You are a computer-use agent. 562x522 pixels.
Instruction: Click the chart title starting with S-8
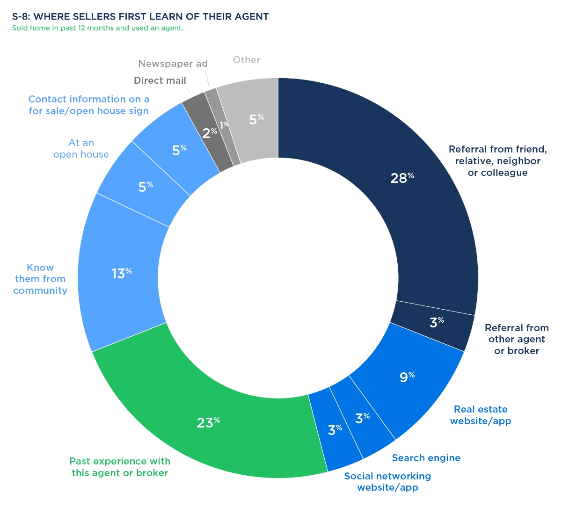coord(140,17)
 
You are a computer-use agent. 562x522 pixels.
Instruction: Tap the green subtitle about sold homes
coord(97,28)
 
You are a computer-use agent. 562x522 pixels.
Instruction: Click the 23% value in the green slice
coord(208,422)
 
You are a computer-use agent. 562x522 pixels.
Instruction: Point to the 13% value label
coord(121,273)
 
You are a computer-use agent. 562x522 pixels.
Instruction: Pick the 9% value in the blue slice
coord(407,377)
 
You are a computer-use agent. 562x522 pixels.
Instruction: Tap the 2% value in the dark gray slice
coord(209,133)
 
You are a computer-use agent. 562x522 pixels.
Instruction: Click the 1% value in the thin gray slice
coord(224,124)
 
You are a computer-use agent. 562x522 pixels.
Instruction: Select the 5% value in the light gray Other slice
coord(256,119)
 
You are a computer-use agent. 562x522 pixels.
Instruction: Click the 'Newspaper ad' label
coord(173,64)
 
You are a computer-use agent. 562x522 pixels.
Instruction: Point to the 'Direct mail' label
coord(160,80)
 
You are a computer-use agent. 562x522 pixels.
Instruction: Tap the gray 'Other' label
coord(247,60)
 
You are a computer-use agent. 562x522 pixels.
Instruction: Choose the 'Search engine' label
coord(426,458)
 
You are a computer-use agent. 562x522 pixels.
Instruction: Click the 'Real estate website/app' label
coord(481,415)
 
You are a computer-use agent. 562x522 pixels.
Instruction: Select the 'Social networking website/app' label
coord(387,482)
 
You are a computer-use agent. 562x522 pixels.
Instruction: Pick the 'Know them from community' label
coord(40,279)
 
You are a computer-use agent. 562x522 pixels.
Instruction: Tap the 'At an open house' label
coord(81,148)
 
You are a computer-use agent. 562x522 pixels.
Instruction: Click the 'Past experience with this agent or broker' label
coord(120,467)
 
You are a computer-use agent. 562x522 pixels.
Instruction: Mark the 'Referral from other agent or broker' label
coord(517,339)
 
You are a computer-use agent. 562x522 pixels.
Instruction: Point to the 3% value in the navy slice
coord(436,322)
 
